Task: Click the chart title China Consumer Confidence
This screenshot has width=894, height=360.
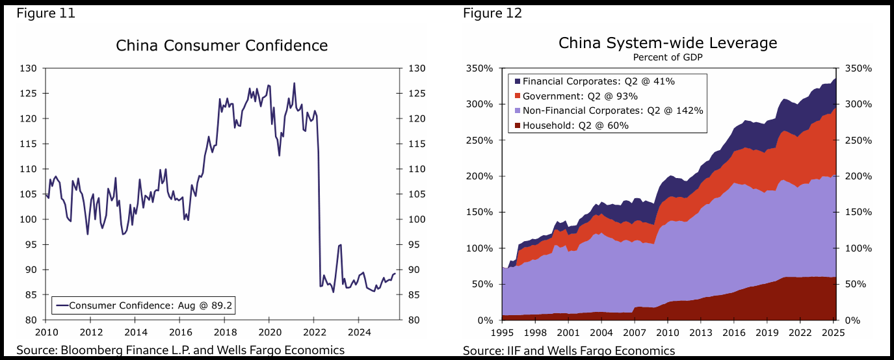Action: [222, 45]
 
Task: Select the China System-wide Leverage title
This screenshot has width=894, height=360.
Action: [668, 43]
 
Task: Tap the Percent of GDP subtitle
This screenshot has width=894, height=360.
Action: [668, 57]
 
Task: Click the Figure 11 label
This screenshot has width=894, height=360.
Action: [46, 13]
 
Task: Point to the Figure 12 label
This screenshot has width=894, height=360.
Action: [492, 13]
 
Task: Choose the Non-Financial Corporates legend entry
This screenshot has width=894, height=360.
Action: [613, 110]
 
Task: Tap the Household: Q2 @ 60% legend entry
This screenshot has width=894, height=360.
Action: [575, 125]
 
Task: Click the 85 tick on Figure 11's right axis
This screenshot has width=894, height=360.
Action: [415, 295]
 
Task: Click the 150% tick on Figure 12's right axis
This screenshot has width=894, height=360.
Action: [858, 212]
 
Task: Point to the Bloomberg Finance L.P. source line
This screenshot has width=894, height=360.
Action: [180, 351]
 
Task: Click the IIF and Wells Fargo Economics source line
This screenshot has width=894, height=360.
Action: [569, 351]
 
